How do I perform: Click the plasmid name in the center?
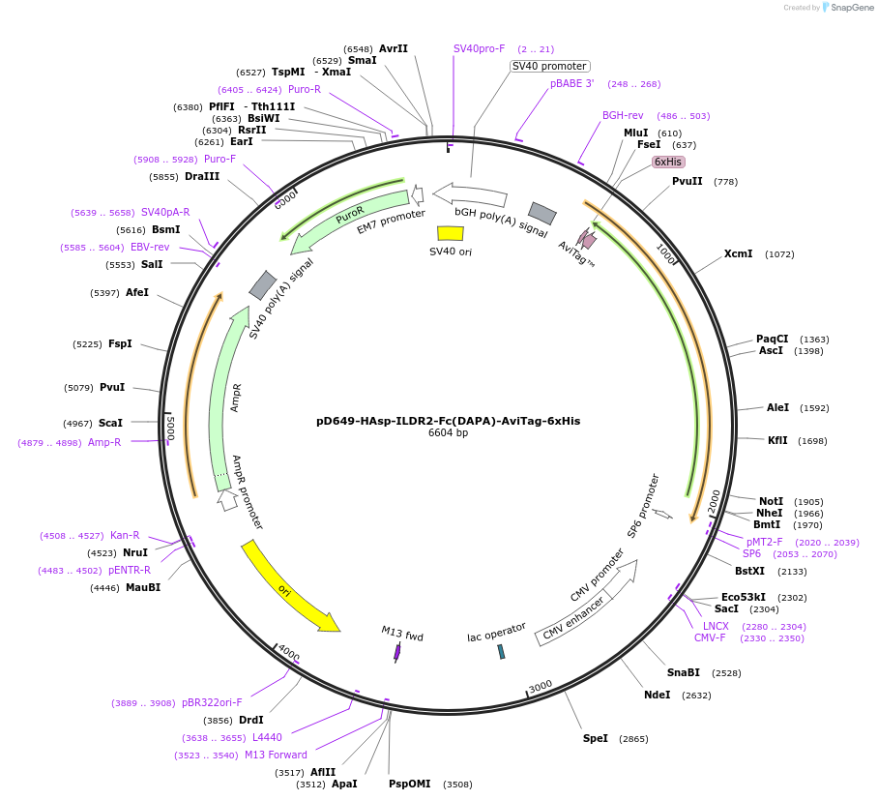coord(448,421)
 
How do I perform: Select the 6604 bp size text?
coord(448,433)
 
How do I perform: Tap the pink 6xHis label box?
coord(667,162)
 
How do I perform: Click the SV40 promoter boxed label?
coord(549,66)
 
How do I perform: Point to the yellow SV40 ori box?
coord(450,233)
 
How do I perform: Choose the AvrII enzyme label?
coord(394,48)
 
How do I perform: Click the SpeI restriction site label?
coord(595,738)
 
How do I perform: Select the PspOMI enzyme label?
coord(410,784)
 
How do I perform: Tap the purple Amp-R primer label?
coord(104,442)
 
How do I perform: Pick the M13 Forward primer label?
coord(276,755)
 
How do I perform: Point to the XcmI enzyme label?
coord(738,254)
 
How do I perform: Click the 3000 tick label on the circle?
coord(541,686)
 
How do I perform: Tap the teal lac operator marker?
coord(501,651)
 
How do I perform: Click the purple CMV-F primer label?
coord(710,637)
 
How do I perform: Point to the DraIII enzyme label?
coord(202,177)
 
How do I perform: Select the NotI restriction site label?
coord(770,501)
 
